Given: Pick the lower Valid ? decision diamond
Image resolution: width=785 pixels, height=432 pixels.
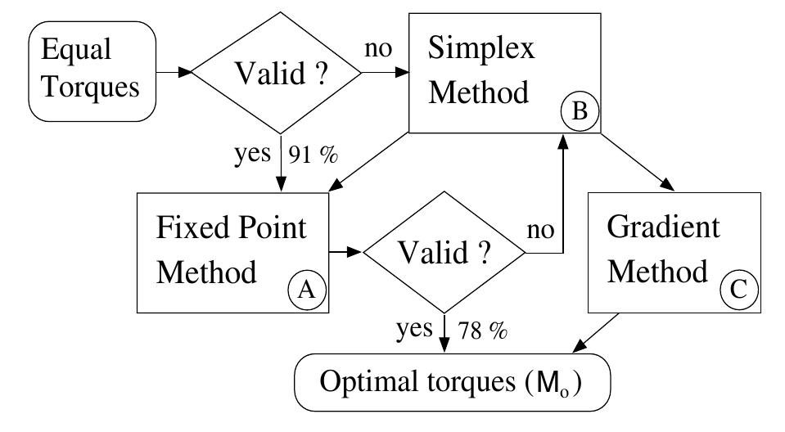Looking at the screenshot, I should [x=444, y=252].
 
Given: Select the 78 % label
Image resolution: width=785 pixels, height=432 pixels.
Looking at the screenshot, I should [x=484, y=331].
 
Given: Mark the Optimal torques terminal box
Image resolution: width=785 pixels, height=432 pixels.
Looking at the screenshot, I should [x=451, y=381].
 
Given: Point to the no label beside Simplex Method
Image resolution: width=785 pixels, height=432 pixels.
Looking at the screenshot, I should [x=378, y=51].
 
